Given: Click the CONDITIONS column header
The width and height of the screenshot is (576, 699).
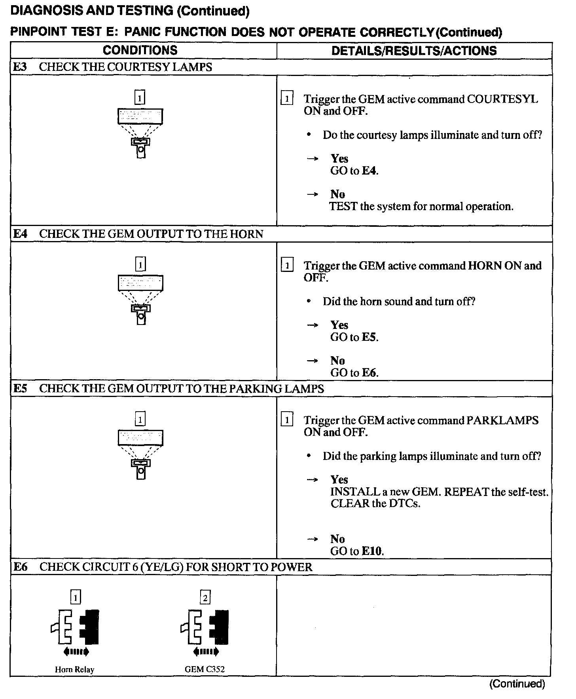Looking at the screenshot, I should tap(140, 50).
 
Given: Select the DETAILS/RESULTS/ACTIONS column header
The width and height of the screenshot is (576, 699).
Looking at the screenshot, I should tap(414, 51).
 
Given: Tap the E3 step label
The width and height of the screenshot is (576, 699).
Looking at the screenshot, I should tap(20, 67).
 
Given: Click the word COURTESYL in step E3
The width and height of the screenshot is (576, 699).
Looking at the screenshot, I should tap(502, 99).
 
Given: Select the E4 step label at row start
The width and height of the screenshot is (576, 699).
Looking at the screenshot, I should tap(20, 234).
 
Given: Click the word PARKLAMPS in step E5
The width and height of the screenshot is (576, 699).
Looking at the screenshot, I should tap(502, 420).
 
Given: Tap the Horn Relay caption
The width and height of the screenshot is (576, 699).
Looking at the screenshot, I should tap(74, 670).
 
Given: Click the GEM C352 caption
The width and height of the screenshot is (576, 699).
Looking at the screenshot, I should tap(205, 669).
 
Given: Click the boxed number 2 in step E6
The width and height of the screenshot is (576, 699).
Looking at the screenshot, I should tap(205, 597).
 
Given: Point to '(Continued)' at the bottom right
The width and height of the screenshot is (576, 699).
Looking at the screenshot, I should tap(517, 684).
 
